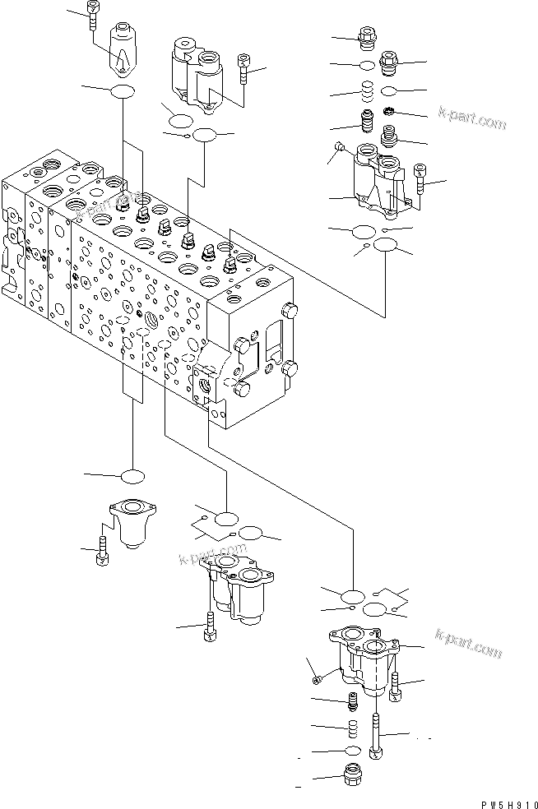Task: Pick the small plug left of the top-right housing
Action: click(x=341, y=148)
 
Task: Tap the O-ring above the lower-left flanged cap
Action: click(x=132, y=477)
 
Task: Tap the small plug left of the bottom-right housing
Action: click(x=318, y=678)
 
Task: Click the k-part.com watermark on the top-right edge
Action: click(x=472, y=119)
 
